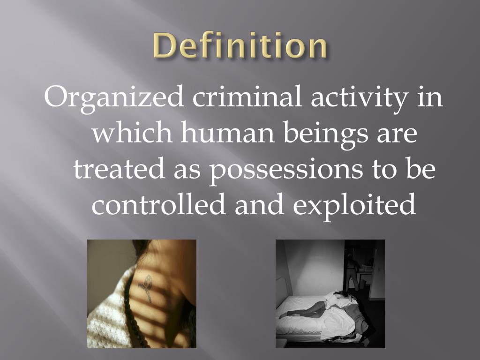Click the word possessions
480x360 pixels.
click(x=286, y=170)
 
